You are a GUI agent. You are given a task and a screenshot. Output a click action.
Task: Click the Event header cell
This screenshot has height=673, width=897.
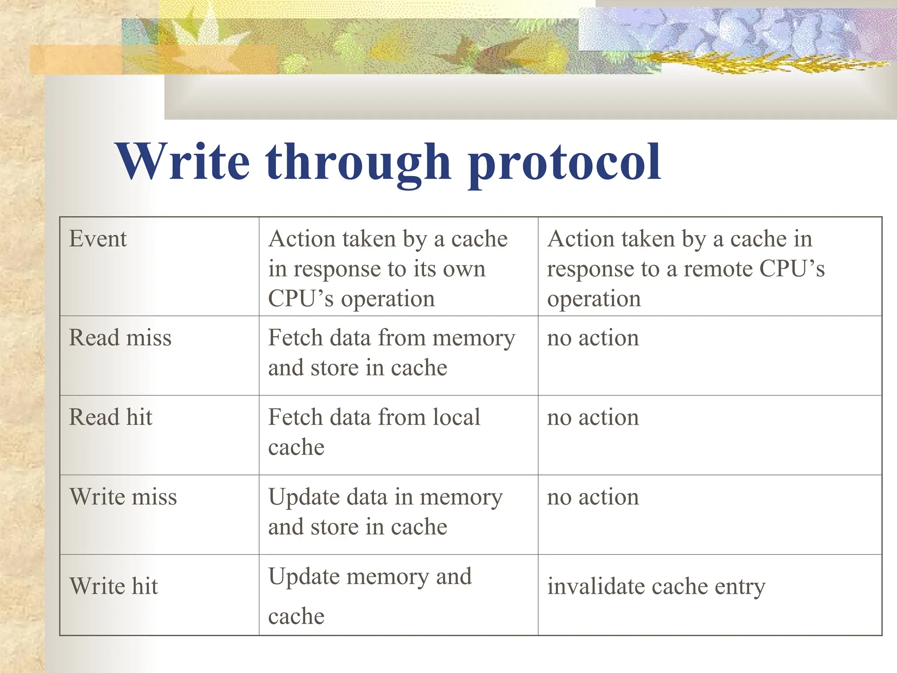(98, 239)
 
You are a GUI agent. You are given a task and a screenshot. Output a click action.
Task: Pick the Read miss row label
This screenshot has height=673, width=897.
(120, 338)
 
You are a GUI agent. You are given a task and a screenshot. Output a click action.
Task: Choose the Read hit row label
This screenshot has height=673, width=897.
(111, 417)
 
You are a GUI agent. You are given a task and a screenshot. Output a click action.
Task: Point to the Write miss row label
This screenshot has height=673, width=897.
(123, 497)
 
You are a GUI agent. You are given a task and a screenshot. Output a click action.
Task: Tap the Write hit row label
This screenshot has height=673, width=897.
(113, 586)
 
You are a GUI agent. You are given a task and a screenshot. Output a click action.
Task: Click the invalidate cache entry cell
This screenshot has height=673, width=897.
(656, 587)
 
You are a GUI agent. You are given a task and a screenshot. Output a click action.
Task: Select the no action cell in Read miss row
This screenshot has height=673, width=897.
(593, 338)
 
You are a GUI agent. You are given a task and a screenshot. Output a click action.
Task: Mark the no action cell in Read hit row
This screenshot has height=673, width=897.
(593, 418)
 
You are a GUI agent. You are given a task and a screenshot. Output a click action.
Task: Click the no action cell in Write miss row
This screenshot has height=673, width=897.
(593, 497)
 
